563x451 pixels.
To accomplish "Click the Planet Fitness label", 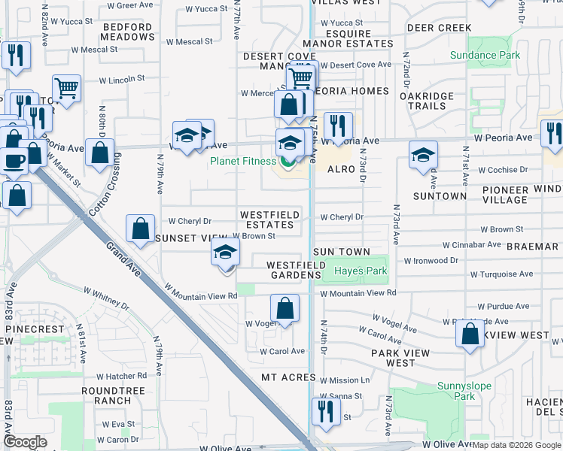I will pos(245,161).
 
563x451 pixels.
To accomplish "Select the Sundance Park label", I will pos(485,55).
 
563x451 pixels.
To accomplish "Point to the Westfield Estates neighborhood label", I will pos(269,219).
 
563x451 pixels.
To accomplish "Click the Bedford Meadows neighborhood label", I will pos(127,32).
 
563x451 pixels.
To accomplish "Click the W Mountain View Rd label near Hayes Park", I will pos(358,292).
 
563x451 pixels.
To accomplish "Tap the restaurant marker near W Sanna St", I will pos(326,411).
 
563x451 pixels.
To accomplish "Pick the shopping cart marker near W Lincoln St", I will pos(66,88).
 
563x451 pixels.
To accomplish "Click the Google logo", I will pos(25,442).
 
